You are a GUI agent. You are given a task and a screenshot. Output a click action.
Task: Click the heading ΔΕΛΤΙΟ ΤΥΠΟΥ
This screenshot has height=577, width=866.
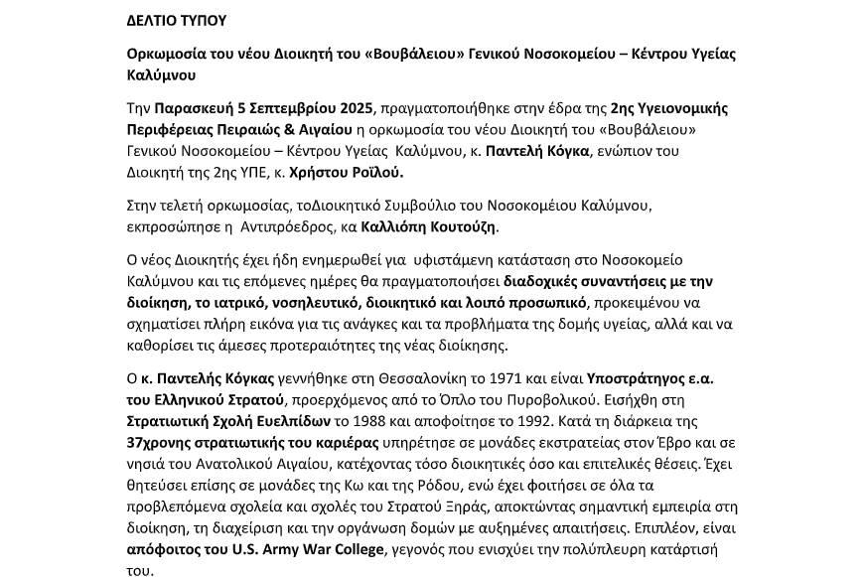point(177,20)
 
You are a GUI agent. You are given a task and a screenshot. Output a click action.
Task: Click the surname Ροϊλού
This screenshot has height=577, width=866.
point(375,173)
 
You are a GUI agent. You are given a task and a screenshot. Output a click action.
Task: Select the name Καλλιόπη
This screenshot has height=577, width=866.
point(395,226)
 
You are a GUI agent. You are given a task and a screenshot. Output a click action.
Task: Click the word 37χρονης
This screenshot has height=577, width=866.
point(161,442)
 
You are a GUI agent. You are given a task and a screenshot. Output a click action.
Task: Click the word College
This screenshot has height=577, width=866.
point(352,549)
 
